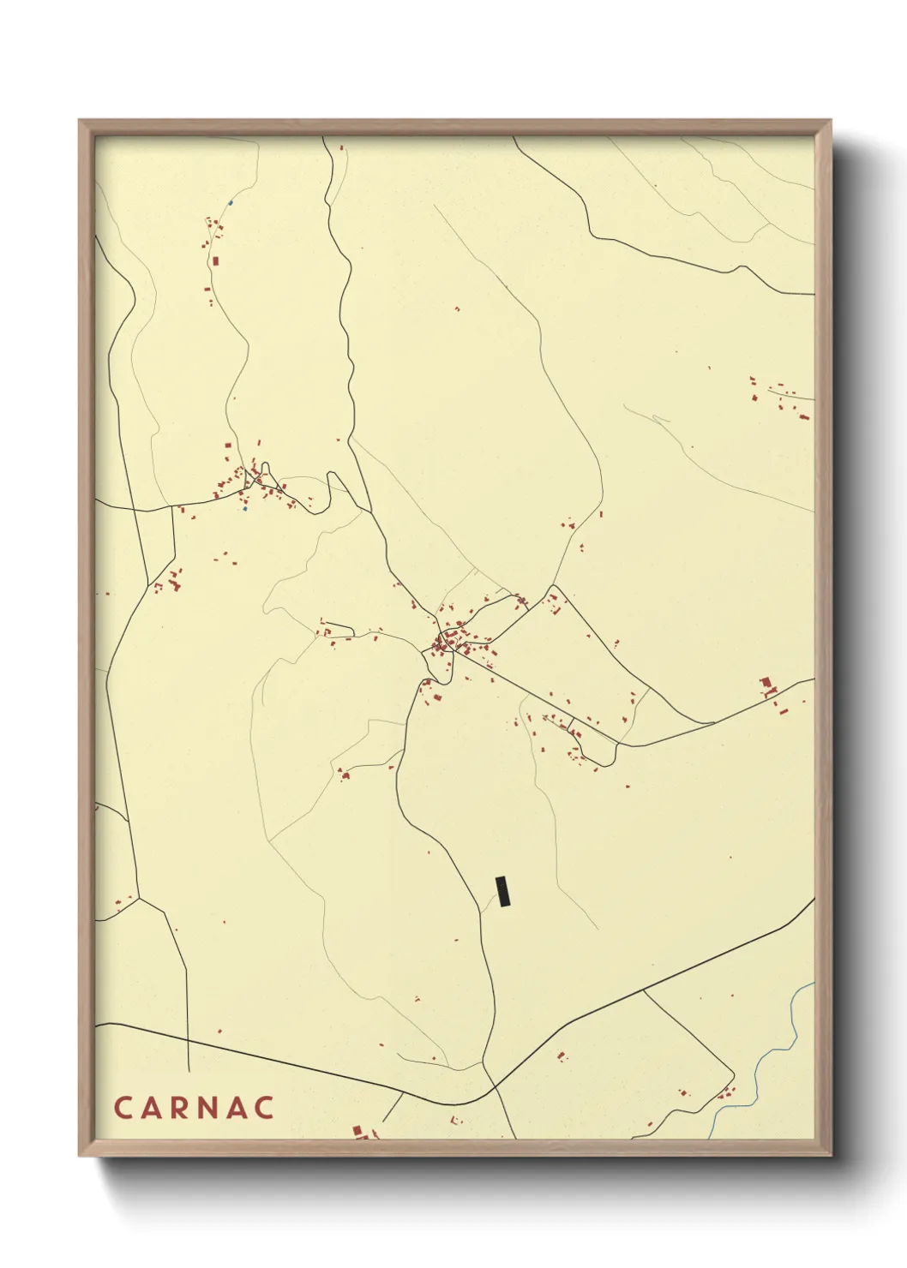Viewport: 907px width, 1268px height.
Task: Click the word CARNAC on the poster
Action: [x=194, y=1107]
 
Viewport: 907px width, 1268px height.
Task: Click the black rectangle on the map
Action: [x=504, y=891]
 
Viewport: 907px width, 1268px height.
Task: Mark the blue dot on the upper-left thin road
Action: [x=230, y=203]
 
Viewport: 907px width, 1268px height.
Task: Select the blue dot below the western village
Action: [x=244, y=509]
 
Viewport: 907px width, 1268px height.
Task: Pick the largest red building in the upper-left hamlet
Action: [x=216, y=260]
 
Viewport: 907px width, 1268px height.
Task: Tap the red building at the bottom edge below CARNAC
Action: [x=358, y=1132]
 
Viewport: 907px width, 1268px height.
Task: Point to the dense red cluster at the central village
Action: [x=446, y=641]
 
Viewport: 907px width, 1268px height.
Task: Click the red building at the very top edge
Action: [x=342, y=147]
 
